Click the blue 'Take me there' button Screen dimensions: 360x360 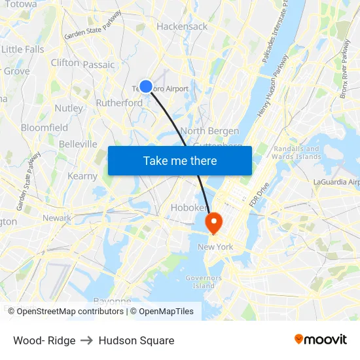click(180, 160)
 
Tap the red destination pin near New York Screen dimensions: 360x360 click(214, 223)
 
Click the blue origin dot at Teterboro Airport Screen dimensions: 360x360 click(146, 86)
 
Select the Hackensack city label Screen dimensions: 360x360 click(182, 26)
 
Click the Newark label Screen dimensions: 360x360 click(57, 218)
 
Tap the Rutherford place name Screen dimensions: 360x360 click(119, 103)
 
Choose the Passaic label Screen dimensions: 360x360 click(99, 65)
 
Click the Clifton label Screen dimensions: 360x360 click(65, 63)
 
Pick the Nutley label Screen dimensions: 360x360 click(69, 108)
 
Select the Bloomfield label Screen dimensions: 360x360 click(45, 128)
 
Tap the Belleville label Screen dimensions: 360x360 click(78, 144)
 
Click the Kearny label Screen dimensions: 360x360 click(82, 176)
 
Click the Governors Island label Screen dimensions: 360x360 click(204, 281)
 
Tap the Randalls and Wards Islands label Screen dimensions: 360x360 click(297, 153)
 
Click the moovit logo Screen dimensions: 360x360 click(321, 339)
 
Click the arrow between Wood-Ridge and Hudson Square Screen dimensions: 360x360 click(87, 340)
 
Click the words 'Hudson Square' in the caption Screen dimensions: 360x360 click(136, 340)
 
